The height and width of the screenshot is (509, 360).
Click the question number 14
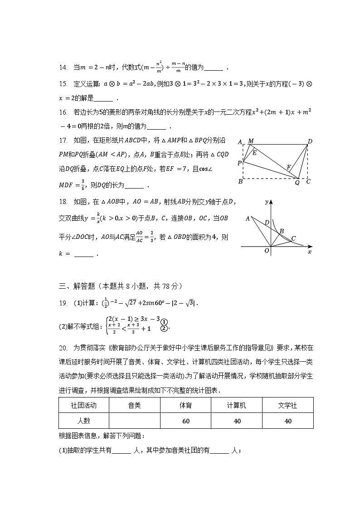(63, 68)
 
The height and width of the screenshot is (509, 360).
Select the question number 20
(63, 348)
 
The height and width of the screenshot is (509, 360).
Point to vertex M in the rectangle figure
(251, 141)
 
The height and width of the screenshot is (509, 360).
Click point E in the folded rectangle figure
(254, 153)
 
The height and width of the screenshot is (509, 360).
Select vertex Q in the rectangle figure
(297, 183)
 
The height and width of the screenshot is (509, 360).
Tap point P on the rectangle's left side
(239, 163)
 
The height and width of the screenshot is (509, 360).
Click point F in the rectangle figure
(288, 167)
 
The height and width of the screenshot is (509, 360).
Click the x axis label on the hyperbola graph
(310, 251)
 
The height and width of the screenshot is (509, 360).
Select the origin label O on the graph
(267, 251)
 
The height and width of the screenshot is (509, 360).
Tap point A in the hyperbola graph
(248, 219)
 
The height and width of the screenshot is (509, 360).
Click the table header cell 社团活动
(84, 405)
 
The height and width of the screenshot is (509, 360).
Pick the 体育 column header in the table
(186, 405)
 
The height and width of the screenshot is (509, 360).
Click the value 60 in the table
(186, 421)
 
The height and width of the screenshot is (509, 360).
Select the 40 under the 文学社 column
(288, 421)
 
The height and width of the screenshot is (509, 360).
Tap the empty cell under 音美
(135, 421)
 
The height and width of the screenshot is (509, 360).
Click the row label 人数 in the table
(84, 421)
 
